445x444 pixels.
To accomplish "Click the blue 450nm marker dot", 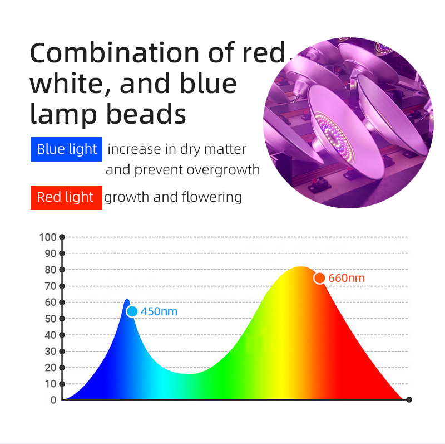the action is coord(132,311).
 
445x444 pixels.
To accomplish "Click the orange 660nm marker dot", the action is coord(319,278).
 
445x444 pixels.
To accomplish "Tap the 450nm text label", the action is coord(159,311).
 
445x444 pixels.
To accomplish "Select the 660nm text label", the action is coord(347,278).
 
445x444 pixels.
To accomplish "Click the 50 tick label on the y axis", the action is coord(51,319).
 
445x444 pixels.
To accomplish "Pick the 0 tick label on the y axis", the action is coord(53,400).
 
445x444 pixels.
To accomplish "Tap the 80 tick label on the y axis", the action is coord(51,270).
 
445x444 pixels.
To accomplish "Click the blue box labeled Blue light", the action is coord(66,149).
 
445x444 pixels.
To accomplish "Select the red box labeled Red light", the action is coord(66,198).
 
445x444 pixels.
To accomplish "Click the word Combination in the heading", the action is coord(115,53).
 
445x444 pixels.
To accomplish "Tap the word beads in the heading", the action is coord(146,114).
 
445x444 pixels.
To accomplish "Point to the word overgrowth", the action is coord(223,170).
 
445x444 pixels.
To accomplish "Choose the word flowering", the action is coord(212,197).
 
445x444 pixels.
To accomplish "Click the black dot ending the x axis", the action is coord(409,399).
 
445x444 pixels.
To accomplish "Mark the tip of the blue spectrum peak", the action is coord(127,299).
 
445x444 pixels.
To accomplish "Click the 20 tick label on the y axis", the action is coord(51,368).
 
